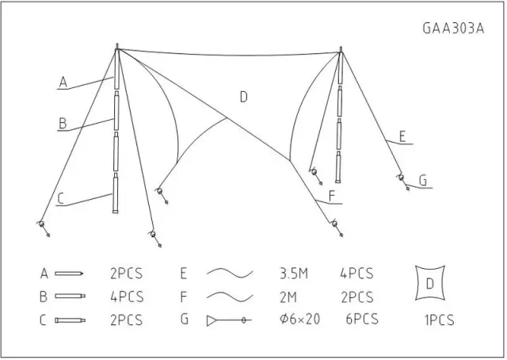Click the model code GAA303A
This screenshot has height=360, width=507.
click(x=453, y=29)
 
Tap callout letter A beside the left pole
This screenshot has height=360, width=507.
click(x=63, y=82)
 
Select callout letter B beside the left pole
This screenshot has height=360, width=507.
click(x=63, y=124)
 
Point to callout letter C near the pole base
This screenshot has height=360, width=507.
click(x=61, y=199)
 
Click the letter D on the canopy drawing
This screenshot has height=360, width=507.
click(x=244, y=97)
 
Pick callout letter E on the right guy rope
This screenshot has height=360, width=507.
click(x=402, y=136)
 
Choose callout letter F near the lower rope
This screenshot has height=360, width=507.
click(x=332, y=196)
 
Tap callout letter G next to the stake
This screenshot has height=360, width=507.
click(x=423, y=181)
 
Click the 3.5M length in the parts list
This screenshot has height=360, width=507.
click(x=294, y=274)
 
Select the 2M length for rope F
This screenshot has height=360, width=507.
click(x=288, y=297)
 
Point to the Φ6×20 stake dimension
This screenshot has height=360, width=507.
click(x=299, y=320)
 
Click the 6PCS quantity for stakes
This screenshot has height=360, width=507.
click(x=362, y=320)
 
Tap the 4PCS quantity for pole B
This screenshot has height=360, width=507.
click(x=127, y=297)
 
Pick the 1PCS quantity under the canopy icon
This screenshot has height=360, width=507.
click(x=439, y=320)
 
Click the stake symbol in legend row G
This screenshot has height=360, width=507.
click(x=229, y=320)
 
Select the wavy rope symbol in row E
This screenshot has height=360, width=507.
click(x=230, y=274)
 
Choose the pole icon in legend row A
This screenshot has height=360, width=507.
click(x=69, y=274)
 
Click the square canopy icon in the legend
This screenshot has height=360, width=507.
click(x=430, y=283)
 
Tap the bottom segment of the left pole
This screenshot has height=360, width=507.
click(x=115, y=193)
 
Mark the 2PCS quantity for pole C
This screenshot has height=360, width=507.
click(x=126, y=320)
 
